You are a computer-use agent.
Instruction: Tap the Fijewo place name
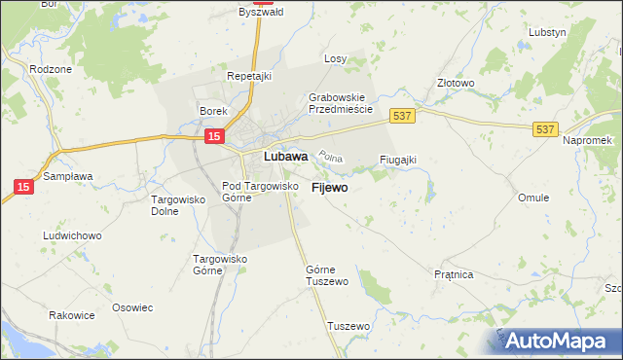330,187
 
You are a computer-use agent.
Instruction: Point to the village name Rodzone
50,69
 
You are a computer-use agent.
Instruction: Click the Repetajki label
247,75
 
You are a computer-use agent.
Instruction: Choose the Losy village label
336,58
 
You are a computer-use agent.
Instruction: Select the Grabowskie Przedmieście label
341,103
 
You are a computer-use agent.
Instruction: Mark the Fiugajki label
397,160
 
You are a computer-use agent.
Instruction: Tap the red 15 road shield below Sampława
22,185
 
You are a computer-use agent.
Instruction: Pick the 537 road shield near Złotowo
402,116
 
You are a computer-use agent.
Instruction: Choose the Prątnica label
454,275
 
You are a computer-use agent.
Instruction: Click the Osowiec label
133,307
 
